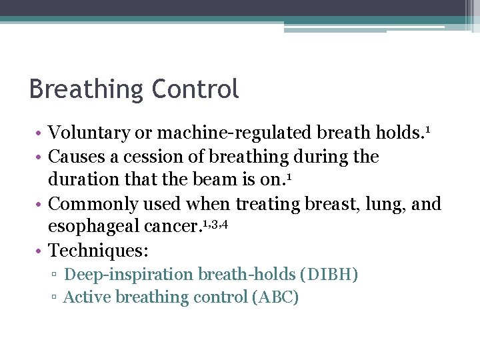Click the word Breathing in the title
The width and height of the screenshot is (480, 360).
pyautogui.click(x=87, y=89)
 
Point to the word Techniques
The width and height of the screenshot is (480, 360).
pyautogui.click(x=97, y=251)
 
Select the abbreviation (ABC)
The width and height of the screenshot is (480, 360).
pyautogui.click(x=275, y=297)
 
